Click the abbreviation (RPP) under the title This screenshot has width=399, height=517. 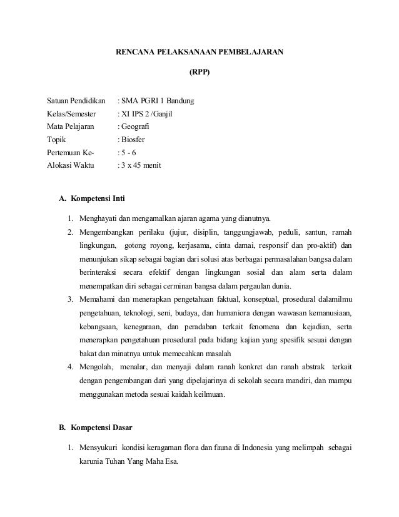click(199, 72)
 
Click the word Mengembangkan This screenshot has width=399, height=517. click(106, 232)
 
